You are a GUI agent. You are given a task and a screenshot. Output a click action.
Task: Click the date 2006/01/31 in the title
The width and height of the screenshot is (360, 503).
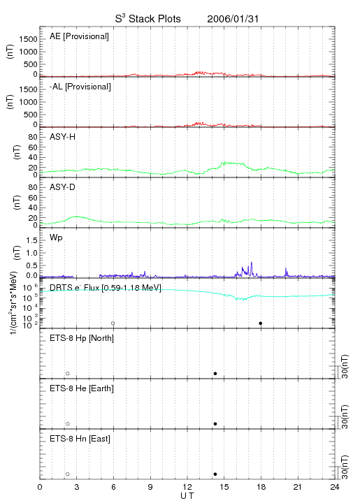point(233,19)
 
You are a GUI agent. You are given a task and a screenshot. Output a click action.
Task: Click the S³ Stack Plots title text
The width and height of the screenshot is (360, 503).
point(148,18)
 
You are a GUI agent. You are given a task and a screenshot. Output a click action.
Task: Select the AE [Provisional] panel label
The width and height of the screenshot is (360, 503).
point(79,36)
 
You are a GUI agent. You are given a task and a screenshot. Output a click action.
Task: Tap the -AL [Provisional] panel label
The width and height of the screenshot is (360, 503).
point(80,87)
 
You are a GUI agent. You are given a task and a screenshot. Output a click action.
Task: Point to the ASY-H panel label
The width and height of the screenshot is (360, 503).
point(63,137)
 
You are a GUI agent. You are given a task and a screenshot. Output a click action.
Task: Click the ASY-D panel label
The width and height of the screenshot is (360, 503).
point(63,187)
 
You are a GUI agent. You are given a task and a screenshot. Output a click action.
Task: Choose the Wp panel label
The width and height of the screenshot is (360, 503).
point(56,238)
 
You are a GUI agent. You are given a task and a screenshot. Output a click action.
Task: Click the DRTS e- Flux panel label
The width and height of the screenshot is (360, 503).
point(106,288)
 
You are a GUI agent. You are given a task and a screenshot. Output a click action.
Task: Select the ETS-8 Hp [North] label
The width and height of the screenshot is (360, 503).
point(82,338)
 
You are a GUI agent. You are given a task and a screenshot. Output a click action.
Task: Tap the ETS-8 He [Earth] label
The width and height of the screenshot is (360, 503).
point(82,388)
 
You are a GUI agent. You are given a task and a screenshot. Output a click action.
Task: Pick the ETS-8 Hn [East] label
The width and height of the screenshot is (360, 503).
point(80,439)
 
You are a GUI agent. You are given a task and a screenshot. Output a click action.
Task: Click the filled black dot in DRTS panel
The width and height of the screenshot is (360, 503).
point(261,323)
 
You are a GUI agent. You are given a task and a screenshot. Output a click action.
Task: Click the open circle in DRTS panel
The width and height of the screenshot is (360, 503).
point(113,323)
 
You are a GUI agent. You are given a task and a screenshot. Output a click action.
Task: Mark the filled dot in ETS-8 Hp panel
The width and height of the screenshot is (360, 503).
point(215,373)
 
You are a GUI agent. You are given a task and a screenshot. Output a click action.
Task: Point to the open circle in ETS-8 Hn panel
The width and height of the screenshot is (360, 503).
point(68,474)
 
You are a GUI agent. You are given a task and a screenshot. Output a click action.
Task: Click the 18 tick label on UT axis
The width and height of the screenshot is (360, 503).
point(261,487)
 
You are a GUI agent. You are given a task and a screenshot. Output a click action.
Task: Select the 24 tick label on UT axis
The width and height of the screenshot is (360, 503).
point(335,487)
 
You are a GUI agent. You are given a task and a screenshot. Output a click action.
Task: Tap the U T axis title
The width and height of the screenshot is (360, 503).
point(187,496)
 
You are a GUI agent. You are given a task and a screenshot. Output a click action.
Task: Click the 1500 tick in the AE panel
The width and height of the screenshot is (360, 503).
point(28,39)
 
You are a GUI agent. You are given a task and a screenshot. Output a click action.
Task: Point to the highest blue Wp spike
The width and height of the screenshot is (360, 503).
point(252,263)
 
